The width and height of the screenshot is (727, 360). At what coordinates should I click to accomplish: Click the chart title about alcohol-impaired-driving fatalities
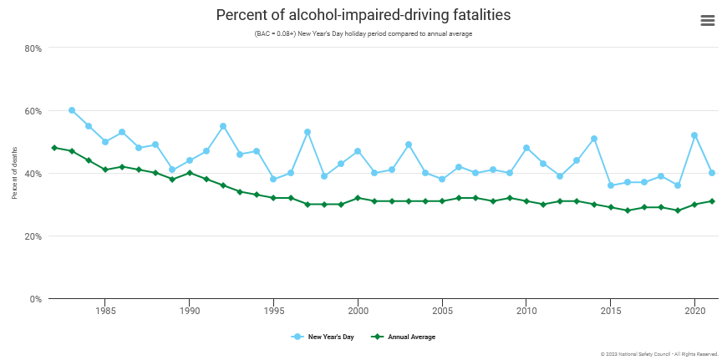(363, 15)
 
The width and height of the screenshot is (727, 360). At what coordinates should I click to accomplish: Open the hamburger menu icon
(708, 21)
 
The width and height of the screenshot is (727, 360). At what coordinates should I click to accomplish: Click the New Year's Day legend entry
(325, 337)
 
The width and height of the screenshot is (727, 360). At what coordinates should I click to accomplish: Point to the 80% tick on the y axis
(33, 48)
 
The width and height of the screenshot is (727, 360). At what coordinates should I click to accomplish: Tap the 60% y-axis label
(33, 111)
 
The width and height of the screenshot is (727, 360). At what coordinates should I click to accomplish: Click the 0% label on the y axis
(35, 299)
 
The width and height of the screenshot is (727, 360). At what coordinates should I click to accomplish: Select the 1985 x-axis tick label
(105, 311)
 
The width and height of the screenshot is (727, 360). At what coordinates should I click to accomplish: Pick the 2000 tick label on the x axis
(358, 311)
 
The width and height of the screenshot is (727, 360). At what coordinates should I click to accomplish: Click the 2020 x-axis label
(694, 311)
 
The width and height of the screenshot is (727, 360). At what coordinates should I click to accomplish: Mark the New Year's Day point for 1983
(72, 110)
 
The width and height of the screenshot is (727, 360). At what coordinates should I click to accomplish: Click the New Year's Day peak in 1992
(223, 126)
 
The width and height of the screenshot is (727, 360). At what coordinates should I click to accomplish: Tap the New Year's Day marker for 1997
(308, 132)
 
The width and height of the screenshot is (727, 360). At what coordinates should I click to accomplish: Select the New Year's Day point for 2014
(594, 139)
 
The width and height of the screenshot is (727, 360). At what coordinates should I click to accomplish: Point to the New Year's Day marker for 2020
(694, 135)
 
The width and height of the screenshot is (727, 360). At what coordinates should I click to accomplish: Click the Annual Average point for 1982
(54, 148)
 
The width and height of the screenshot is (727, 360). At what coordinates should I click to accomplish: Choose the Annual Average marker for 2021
(711, 201)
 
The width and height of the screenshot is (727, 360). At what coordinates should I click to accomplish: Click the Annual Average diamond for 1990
(190, 173)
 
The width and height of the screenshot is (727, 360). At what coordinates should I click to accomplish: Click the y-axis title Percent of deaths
(15, 174)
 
